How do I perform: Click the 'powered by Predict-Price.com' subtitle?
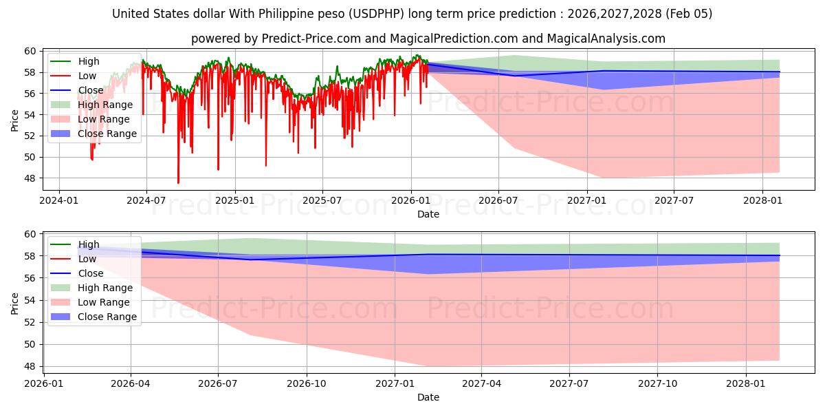tap(428, 39)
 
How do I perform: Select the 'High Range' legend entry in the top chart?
tap(104, 105)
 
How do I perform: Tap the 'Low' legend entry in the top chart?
tap(87, 76)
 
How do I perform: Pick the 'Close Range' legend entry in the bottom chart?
tap(107, 317)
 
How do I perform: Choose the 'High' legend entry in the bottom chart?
tap(89, 244)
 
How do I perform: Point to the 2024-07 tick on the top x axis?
tap(146, 201)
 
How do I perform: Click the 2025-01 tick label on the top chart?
tap(235, 201)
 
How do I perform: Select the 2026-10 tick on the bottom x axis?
tap(306, 384)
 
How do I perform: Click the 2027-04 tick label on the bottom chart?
tap(481, 384)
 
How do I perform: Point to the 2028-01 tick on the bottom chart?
tap(746, 384)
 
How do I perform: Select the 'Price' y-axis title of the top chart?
tap(15, 120)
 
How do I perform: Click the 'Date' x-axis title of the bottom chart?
tap(428, 397)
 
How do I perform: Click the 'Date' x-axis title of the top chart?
tap(428, 214)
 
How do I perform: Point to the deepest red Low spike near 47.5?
tap(178, 182)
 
